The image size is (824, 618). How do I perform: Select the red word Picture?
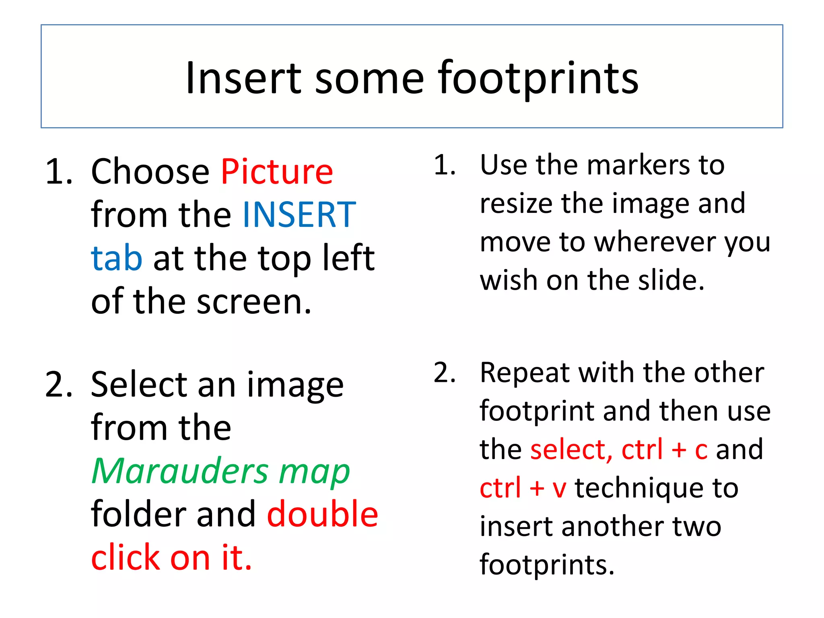click(277, 172)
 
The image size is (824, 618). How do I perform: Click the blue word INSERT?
click(299, 215)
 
